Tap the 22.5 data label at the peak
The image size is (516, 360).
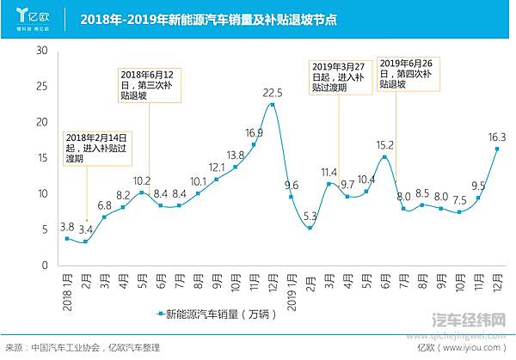tap(273, 93)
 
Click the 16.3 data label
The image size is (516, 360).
tap(497, 137)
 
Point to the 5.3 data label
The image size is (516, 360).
tap(310, 216)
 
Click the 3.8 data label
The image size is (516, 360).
tap(66, 227)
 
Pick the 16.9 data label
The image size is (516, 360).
tap(254, 132)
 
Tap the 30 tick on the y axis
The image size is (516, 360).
tap(40, 51)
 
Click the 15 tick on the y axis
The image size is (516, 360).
tap(40, 158)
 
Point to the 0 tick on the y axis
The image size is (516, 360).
tap(44, 265)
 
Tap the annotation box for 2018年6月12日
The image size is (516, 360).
tap(147, 85)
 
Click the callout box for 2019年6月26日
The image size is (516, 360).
tap(408, 73)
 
